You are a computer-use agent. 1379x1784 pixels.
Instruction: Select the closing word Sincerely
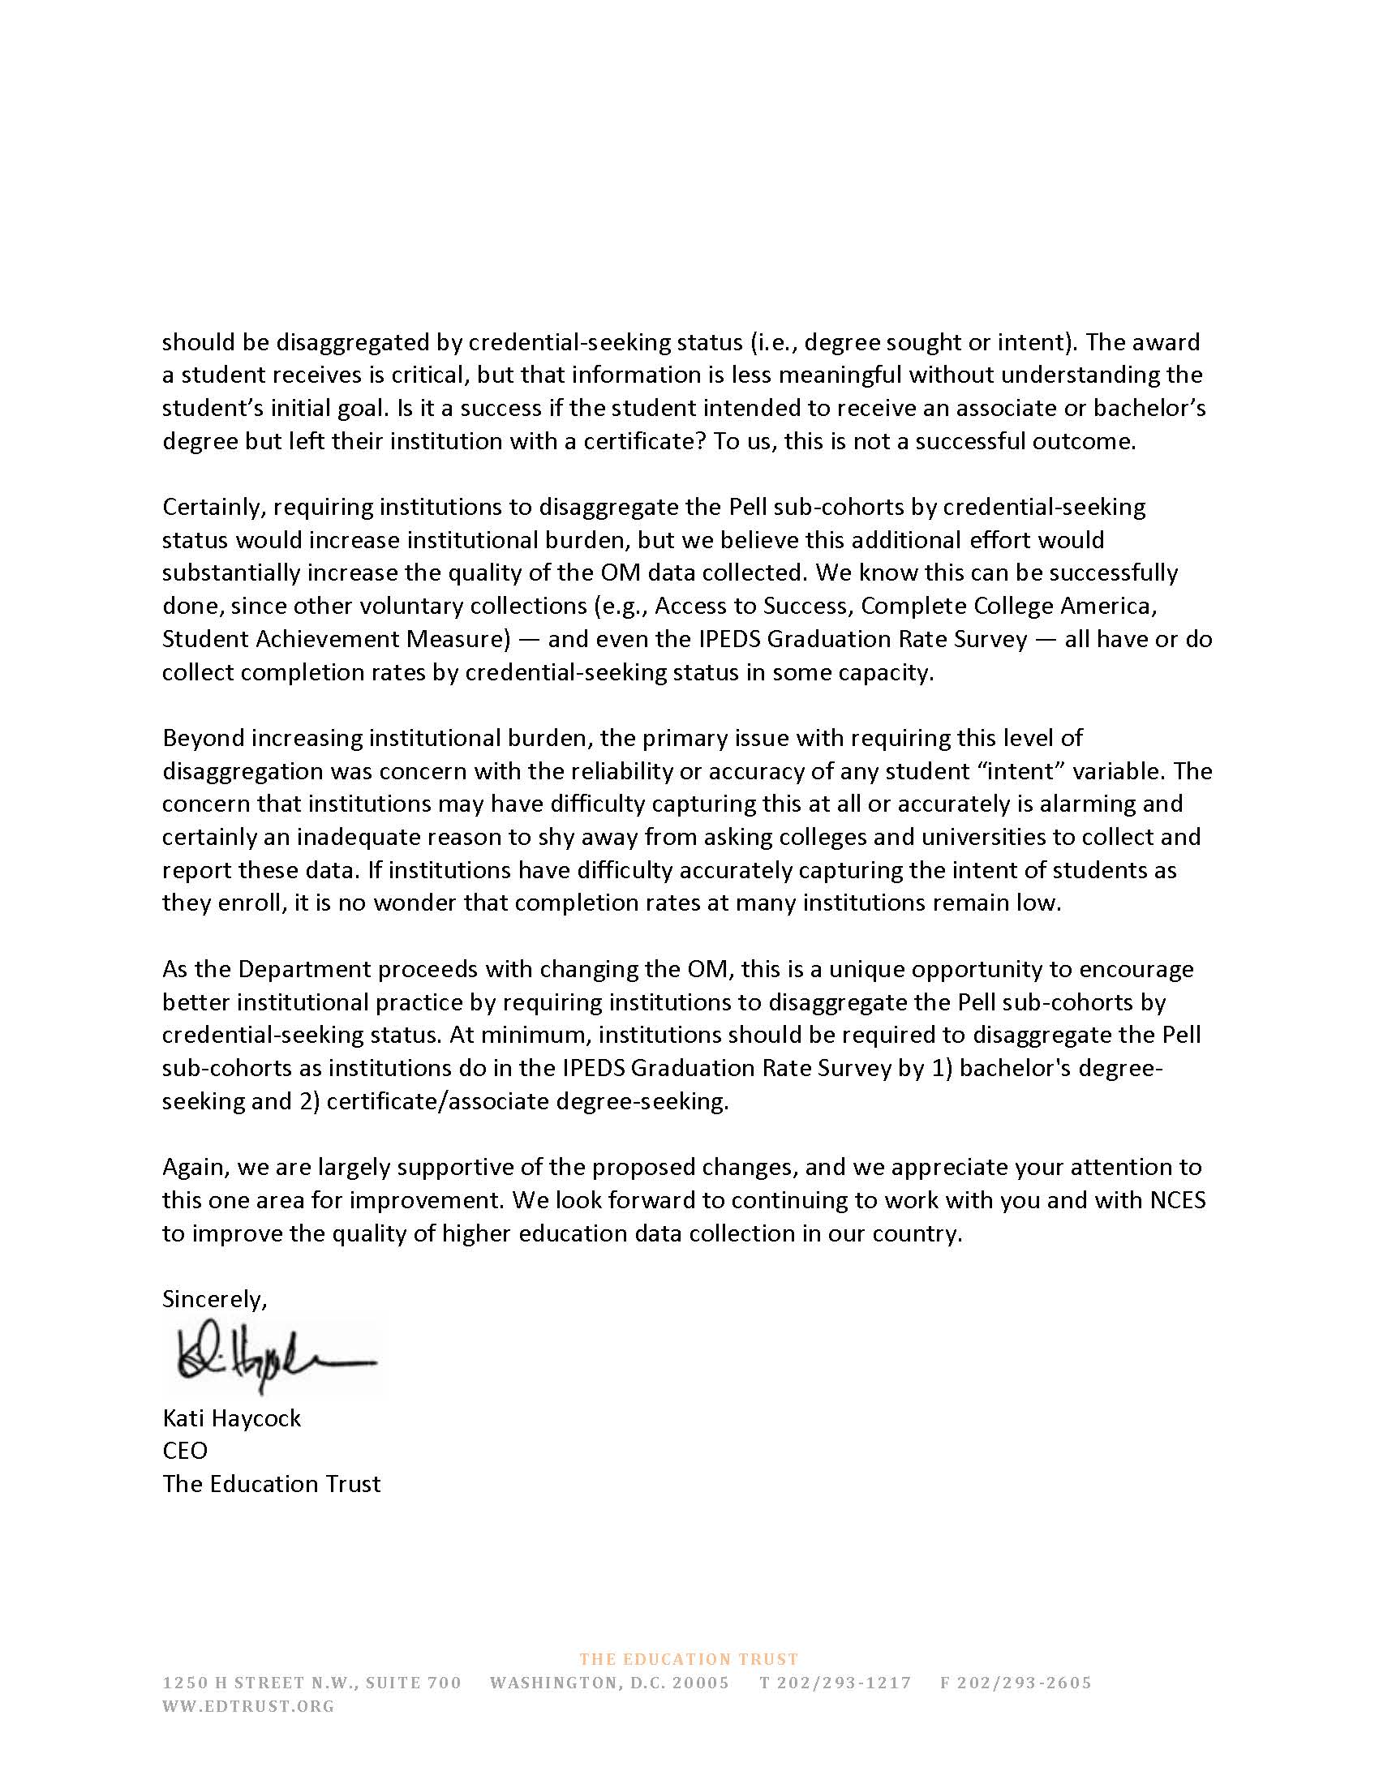click(215, 1299)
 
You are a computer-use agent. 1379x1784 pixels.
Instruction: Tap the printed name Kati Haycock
click(231, 1417)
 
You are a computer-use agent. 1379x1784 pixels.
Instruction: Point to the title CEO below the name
click(185, 1450)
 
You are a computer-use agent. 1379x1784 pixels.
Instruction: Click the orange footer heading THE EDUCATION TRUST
click(689, 1659)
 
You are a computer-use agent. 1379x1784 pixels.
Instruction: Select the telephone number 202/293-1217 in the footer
click(844, 1683)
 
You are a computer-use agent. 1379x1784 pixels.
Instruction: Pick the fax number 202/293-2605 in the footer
click(1025, 1683)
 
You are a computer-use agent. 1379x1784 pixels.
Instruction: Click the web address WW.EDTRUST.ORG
click(248, 1706)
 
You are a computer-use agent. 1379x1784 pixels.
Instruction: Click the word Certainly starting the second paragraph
click(213, 507)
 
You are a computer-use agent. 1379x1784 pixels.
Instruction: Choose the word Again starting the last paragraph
click(195, 1166)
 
